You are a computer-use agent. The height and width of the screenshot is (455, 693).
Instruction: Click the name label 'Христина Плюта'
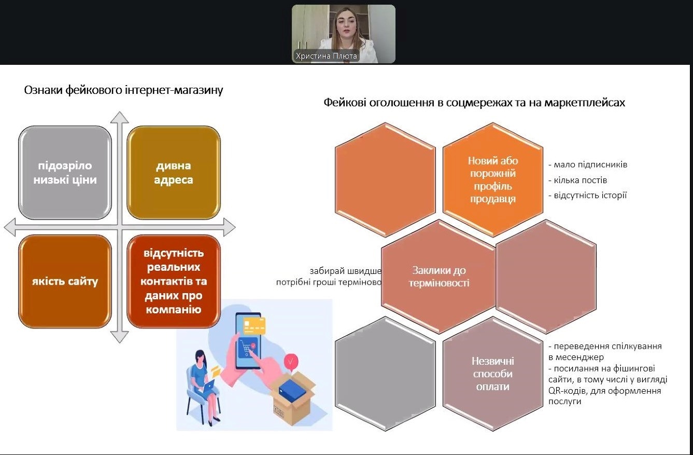tap(326, 56)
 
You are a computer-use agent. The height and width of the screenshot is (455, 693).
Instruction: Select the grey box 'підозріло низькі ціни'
tap(65, 173)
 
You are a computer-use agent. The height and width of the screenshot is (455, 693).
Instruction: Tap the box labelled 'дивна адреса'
tap(174, 173)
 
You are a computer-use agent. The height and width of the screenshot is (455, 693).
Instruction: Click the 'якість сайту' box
tap(65, 282)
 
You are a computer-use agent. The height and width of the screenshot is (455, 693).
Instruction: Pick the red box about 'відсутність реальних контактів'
tap(174, 282)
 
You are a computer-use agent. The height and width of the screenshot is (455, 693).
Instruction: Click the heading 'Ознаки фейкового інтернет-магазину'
tap(123, 90)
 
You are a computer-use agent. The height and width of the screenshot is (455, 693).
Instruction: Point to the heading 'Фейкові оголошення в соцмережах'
tap(474, 103)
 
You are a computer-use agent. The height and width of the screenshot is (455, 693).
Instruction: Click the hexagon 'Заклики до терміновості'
tap(439, 277)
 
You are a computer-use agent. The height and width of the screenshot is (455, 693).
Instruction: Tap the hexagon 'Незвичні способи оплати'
tap(492, 374)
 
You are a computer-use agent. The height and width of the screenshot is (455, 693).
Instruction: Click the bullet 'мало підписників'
tap(588, 165)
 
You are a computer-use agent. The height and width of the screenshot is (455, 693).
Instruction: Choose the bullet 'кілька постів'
tap(578, 180)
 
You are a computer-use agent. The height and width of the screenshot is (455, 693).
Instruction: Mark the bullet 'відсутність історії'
tap(588, 196)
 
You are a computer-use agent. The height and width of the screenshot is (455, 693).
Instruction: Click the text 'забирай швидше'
tap(346, 271)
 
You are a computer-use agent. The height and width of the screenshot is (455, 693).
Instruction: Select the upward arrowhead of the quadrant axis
tap(119, 117)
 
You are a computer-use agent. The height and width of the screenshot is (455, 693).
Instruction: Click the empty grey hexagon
tap(385, 374)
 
